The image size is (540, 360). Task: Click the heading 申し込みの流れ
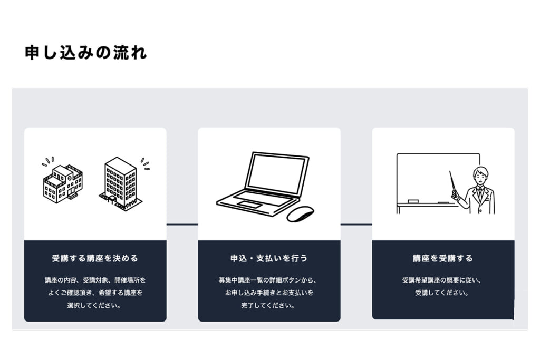[x=86, y=53]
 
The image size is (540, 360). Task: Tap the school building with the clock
[x=63, y=183]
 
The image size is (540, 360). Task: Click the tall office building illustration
[x=121, y=183]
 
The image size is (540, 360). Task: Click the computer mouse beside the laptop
[x=300, y=213]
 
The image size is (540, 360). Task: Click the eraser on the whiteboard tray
[x=413, y=201]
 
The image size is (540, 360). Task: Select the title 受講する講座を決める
[x=95, y=258]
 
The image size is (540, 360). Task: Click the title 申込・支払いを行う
[x=269, y=258]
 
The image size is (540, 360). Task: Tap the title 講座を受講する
[x=443, y=258]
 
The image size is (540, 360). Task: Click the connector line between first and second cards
[x=182, y=225]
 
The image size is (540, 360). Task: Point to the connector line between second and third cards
[x=356, y=225]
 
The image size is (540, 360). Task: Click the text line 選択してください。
[x=94, y=305]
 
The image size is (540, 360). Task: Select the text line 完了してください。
[x=268, y=305]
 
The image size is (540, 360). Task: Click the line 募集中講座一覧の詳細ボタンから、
[x=267, y=280]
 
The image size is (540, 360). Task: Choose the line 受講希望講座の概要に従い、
[x=442, y=280]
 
